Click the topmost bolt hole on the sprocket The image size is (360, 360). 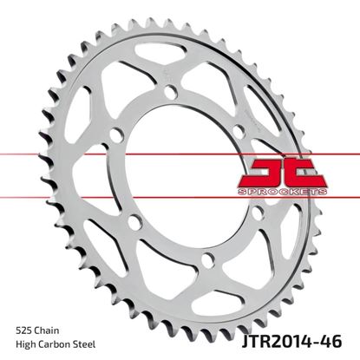[x=170, y=92]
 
